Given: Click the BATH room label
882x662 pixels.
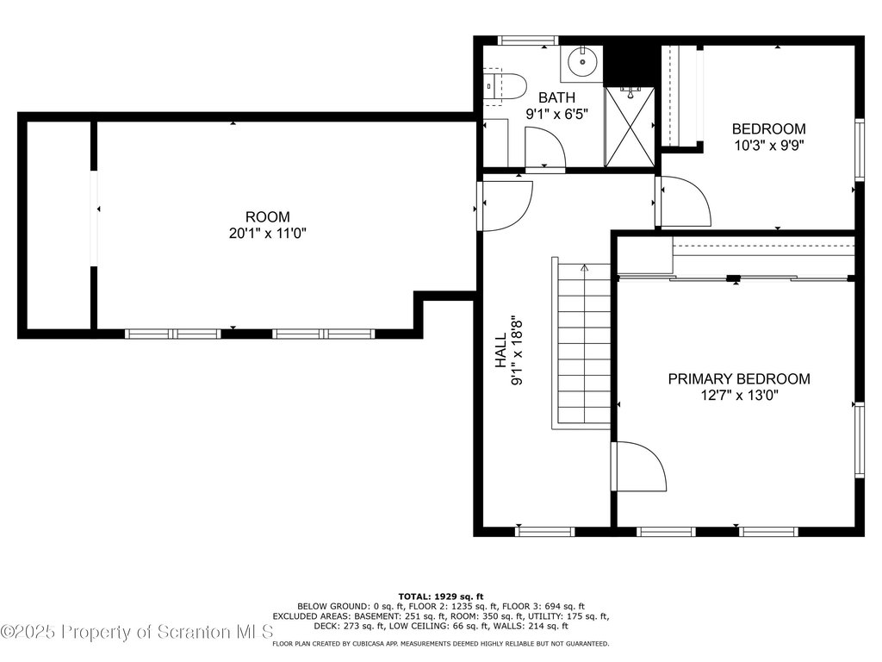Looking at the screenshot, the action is tap(556, 97).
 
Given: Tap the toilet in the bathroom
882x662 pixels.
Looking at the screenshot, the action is tap(505, 87).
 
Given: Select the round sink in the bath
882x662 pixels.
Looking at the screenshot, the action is tap(581, 62).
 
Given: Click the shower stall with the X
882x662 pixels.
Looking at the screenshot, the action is tap(630, 128).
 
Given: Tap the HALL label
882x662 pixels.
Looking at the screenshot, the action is tap(500, 350).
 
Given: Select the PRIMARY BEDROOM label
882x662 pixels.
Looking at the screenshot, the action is tap(739, 379).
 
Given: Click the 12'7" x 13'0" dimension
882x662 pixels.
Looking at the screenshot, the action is tap(739, 395).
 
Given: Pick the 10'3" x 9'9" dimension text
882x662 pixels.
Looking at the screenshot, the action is tap(769, 145).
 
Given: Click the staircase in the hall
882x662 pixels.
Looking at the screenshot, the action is tap(581, 343).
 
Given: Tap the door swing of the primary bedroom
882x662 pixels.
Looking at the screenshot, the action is tap(641, 466).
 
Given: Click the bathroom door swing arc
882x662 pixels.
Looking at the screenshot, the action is tap(545, 147).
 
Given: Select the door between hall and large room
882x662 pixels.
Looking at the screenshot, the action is tap(506, 203).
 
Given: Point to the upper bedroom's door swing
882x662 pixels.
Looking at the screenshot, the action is tap(685, 202).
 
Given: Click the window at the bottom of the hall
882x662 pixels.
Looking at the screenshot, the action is tap(545, 531).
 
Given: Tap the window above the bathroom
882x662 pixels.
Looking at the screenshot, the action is tap(528, 41).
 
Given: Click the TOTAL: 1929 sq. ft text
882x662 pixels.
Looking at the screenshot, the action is tap(441, 596).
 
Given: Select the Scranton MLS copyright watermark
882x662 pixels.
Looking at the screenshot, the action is tap(137, 632).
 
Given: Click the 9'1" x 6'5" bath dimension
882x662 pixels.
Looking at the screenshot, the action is tap(557, 115).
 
